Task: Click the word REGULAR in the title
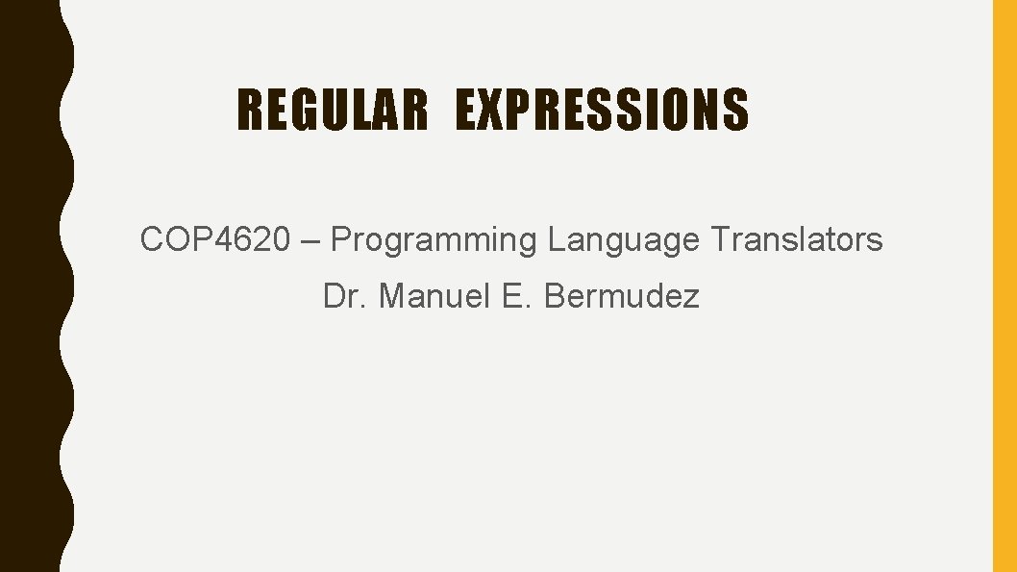point(332,110)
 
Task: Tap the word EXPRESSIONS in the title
point(602,110)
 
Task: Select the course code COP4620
point(214,239)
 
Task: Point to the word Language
point(624,239)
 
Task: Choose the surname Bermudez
point(622,296)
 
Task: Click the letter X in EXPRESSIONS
point(489,110)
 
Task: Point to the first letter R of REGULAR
point(249,110)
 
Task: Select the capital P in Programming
point(340,239)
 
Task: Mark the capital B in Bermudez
point(555,296)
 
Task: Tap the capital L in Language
point(557,239)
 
